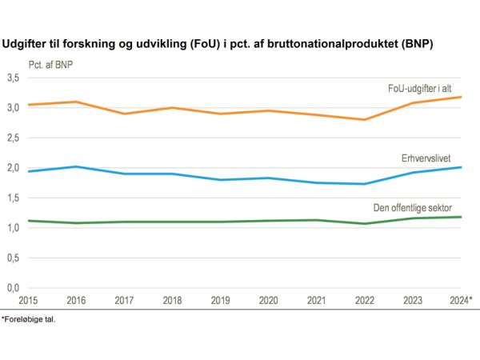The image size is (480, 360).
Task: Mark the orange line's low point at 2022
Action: click(x=365, y=120)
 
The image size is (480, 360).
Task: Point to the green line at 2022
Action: click(x=365, y=223)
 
